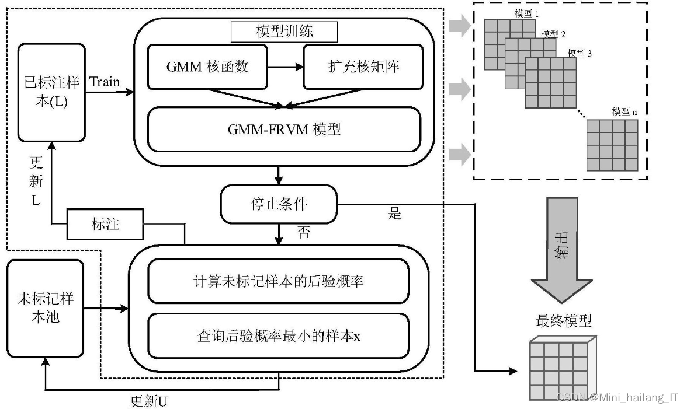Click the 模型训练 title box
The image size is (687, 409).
pos(284,32)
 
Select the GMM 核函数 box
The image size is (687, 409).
pos(207,67)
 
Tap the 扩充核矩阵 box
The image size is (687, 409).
pos(363,67)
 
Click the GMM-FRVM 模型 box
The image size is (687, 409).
pos(284,129)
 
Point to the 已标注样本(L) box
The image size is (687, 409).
pos(52,93)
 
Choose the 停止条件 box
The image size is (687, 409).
pos(279,204)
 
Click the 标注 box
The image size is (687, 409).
pos(105,225)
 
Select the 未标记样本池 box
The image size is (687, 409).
pos(45,309)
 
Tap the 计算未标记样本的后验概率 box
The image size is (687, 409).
pos(278,281)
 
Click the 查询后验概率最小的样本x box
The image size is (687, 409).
pos(278,336)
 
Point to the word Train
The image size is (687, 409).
pos(105,82)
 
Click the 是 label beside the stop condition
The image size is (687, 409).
pos(395,213)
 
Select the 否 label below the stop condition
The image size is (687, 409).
pos(304,233)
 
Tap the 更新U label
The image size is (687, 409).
pos(148,401)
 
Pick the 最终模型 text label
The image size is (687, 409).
pos(563,320)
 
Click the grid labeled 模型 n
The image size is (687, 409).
pos(612,145)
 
